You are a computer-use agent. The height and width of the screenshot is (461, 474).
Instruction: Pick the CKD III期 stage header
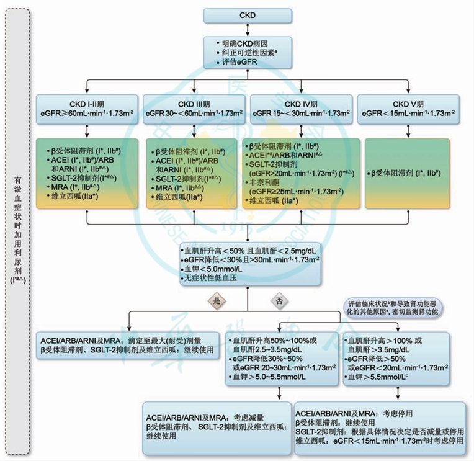(194, 108)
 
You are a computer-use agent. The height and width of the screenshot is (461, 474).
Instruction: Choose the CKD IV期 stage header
(300, 108)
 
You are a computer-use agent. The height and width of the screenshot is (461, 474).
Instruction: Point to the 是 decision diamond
(218, 300)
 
